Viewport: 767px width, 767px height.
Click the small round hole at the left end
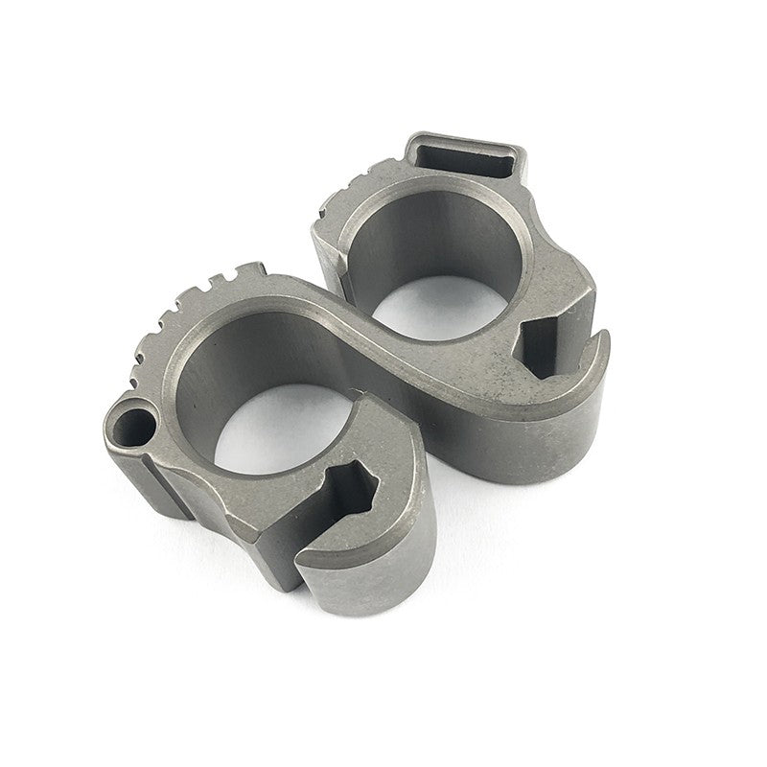(x=134, y=423)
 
